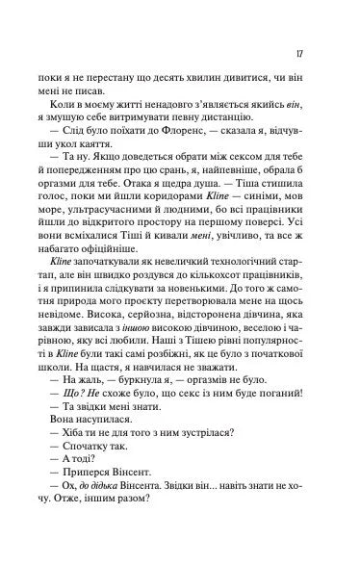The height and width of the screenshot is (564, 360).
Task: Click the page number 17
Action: click(x=303, y=55)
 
